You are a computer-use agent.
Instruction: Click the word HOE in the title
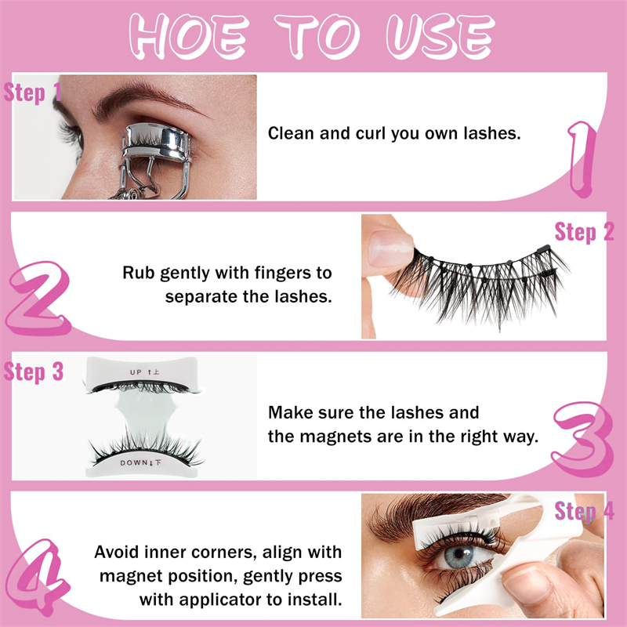click(188, 36)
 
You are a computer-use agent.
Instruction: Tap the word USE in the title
click(440, 36)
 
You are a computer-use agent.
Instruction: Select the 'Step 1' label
click(33, 92)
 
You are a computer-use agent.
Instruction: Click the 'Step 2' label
click(584, 232)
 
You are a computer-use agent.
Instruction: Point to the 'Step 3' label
click(34, 371)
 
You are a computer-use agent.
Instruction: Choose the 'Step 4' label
click(584, 511)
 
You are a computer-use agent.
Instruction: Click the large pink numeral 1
click(582, 159)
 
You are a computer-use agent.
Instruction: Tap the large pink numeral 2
click(38, 299)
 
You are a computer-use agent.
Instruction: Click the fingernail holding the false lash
click(390, 248)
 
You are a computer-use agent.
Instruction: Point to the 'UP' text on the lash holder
click(136, 372)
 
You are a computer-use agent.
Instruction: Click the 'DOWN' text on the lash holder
click(134, 462)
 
